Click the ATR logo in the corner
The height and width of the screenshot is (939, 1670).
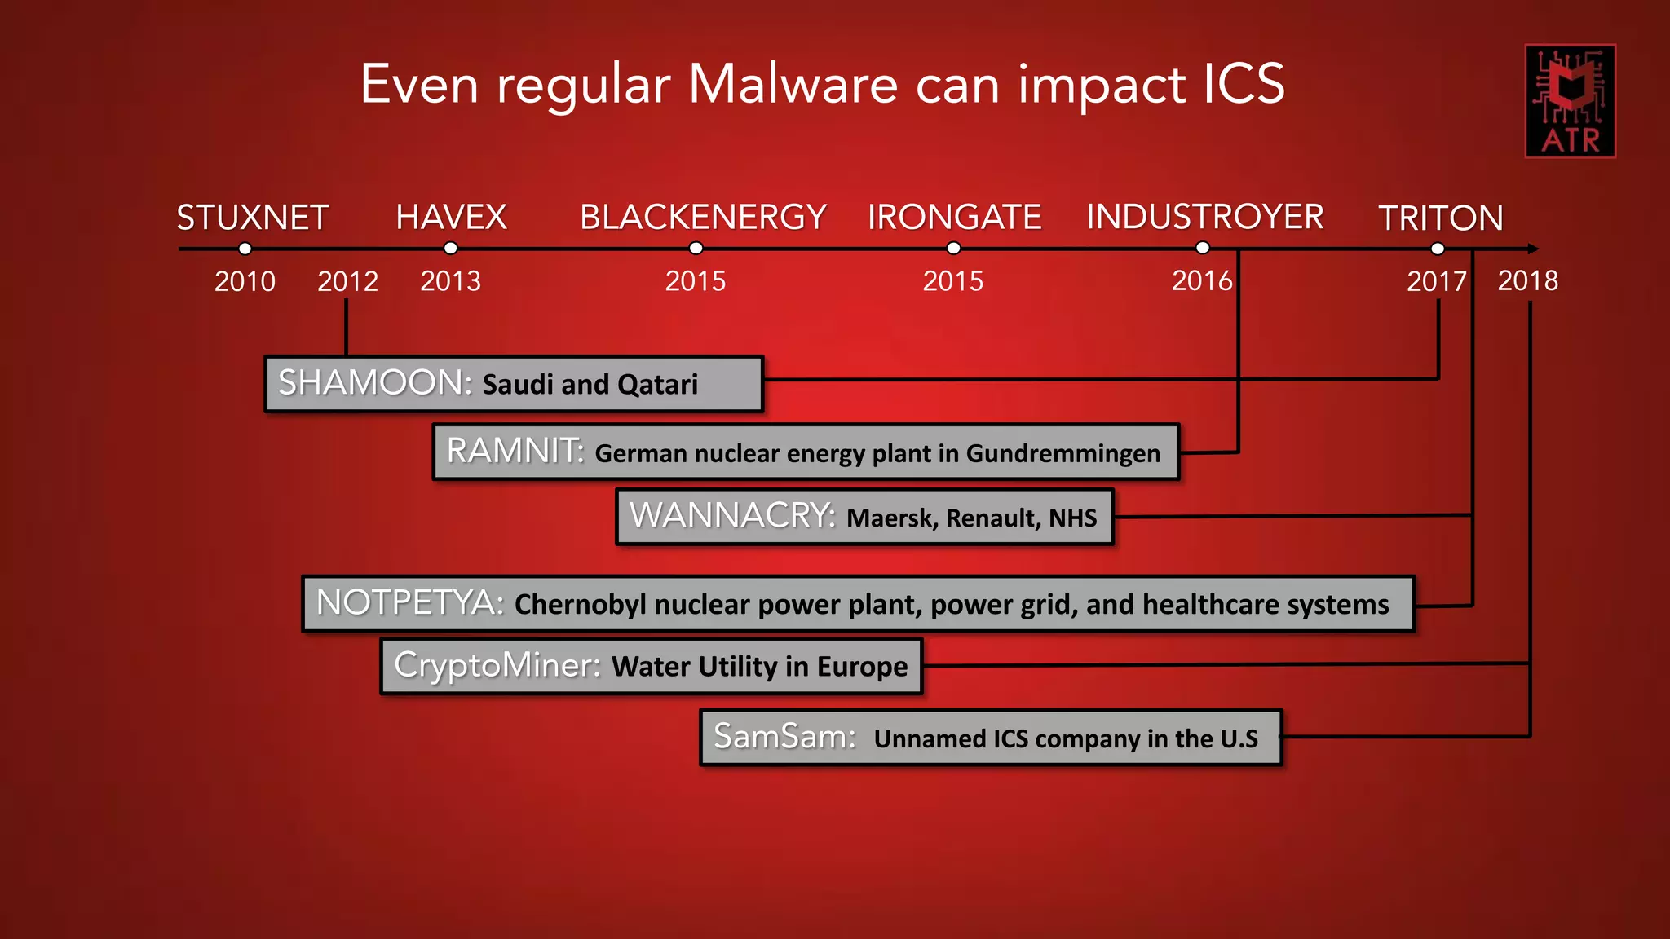tap(1570, 100)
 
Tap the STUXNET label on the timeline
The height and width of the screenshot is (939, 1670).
tap(253, 218)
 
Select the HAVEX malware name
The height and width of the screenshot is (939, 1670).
tap(451, 218)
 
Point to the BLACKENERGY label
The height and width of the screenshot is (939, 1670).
tap(703, 218)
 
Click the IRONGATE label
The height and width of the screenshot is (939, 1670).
tap(954, 218)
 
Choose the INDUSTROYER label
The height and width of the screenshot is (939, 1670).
tap(1204, 218)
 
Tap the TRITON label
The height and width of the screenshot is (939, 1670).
tap(1440, 218)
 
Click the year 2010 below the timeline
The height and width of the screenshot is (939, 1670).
tap(245, 281)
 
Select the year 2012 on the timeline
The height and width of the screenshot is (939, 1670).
tap(347, 281)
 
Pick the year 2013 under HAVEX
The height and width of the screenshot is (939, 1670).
tap(450, 281)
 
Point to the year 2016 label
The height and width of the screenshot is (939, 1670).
tap(1202, 281)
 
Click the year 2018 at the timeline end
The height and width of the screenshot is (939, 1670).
tap(1527, 281)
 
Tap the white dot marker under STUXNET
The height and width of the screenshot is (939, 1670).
tap(245, 249)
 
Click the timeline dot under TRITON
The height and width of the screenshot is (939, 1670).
tap(1438, 249)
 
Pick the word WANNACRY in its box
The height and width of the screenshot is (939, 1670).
tap(731, 516)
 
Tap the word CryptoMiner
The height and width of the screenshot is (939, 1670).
tap(497, 665)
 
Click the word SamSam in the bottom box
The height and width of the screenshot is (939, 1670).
tap(784, 737)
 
